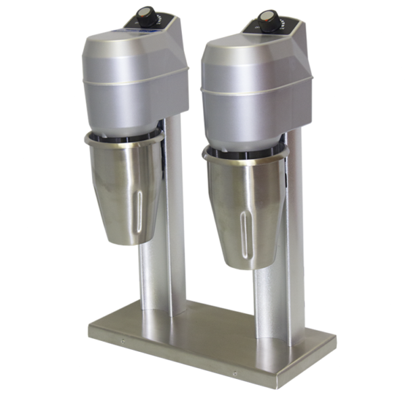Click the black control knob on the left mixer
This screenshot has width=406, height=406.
click(x=145, y=13)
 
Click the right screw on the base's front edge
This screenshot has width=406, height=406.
click(x=235, y=373)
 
